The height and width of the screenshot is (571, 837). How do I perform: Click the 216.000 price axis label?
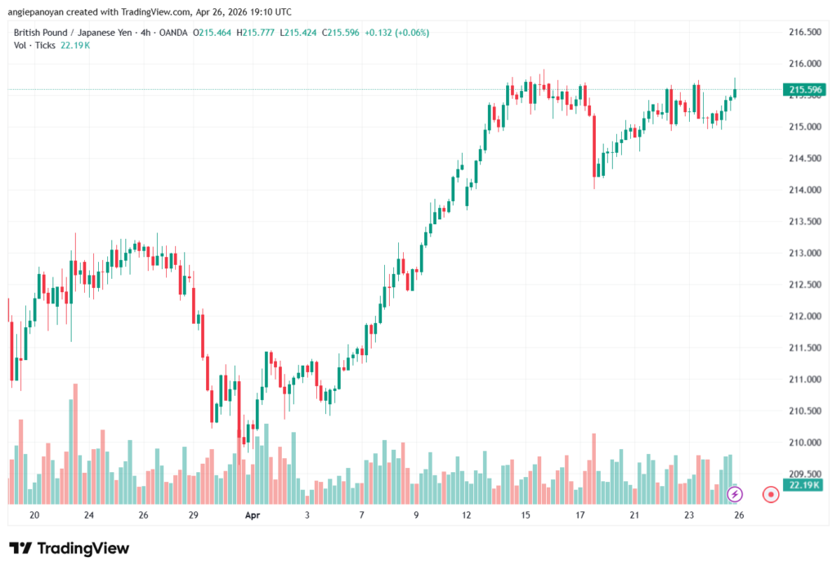tap(803, 64)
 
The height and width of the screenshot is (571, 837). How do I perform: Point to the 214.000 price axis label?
tap(803, 190)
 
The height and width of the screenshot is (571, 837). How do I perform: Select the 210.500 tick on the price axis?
tap(803, 411)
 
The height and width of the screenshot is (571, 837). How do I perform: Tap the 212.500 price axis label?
tap(803, 285)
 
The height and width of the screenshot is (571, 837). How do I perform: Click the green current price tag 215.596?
tap(803, 89)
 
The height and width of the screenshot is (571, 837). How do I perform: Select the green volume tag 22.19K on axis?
tap(803, 485)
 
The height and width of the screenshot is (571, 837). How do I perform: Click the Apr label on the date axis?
tap(252, 515)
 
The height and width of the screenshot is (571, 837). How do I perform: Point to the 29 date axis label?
tap(194, 515)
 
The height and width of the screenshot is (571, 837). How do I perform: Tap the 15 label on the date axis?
tap(526, 515)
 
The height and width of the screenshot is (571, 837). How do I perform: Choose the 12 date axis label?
tap(467, 515)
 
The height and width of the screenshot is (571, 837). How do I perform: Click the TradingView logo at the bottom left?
tap(69, 548)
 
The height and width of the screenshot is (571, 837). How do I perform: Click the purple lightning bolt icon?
tap(736, 494)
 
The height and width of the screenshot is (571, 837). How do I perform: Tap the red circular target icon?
tap(770, 494)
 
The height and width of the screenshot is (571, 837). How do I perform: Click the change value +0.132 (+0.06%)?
tap(398, 33)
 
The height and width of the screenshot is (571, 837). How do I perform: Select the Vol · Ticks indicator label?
tap(34, 45)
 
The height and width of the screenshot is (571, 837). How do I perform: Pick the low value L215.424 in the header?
tap(299, 33)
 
